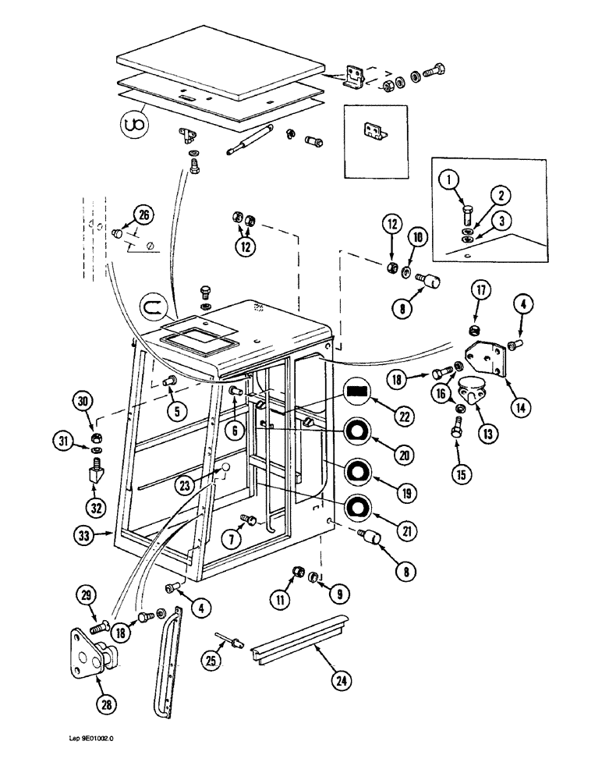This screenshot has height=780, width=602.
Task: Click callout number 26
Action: click(141, 214)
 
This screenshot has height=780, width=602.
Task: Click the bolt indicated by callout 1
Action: click(469, 215)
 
